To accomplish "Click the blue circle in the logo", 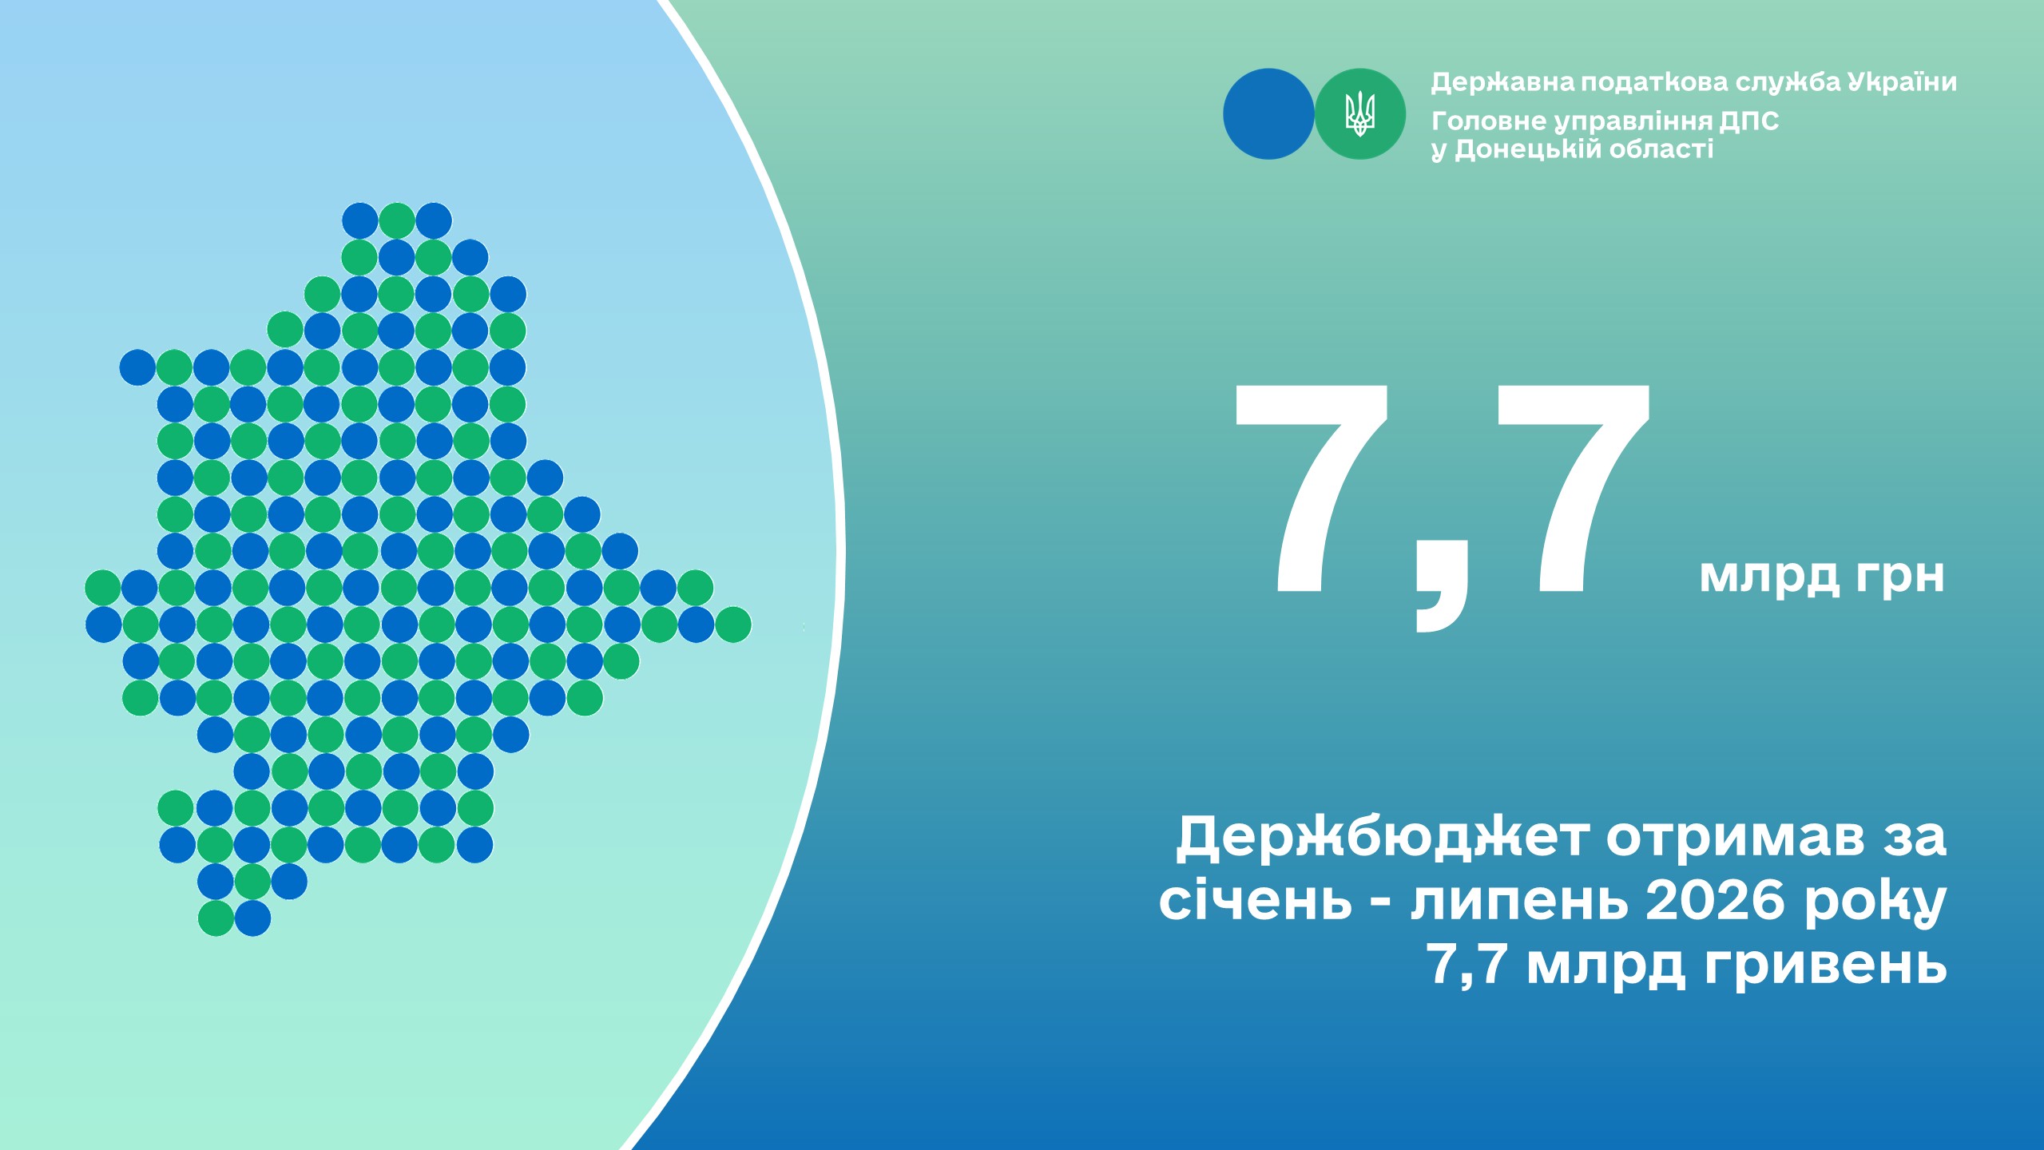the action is click(x=1268, y=114).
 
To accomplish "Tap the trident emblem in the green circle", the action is click(x=1360, y=113).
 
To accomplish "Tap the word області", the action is click(x=1661, y=149).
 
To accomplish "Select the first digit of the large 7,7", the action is click(x=1312, y=490).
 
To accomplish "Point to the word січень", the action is click(x=1256, y=900).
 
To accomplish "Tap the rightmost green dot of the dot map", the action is click(x=732, y=625).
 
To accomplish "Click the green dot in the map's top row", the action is click(x=397, y=220).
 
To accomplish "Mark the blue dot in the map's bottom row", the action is click(x=252, y=918).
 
